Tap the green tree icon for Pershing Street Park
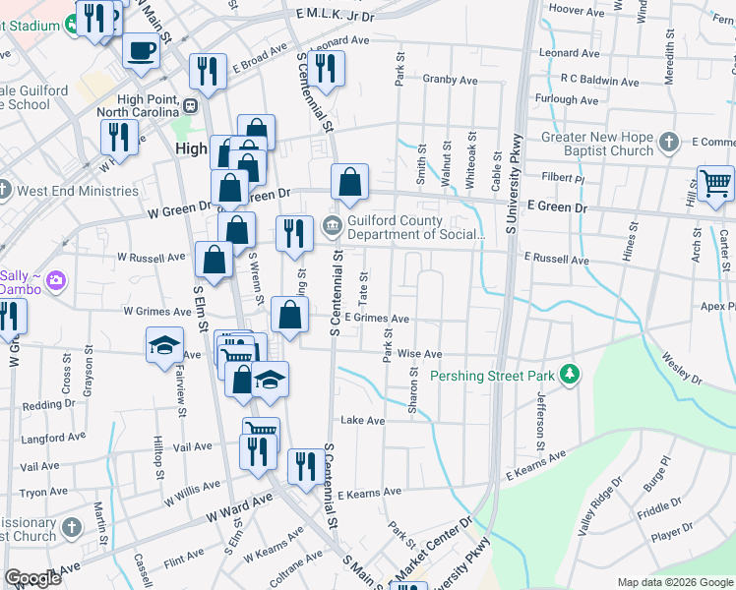pos(568,375)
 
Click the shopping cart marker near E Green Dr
pos(715,183)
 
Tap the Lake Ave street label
pos(362,420)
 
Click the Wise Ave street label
pos(419,353)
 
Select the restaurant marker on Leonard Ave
pos(325,69)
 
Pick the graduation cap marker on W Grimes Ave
pos(165,345)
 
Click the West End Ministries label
pos(69,188)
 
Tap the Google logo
pos(32,578)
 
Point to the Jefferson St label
pos(540,413)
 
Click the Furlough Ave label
pos(569,99)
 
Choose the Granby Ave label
pos(450,80)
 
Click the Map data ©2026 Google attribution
pos(675,582)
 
